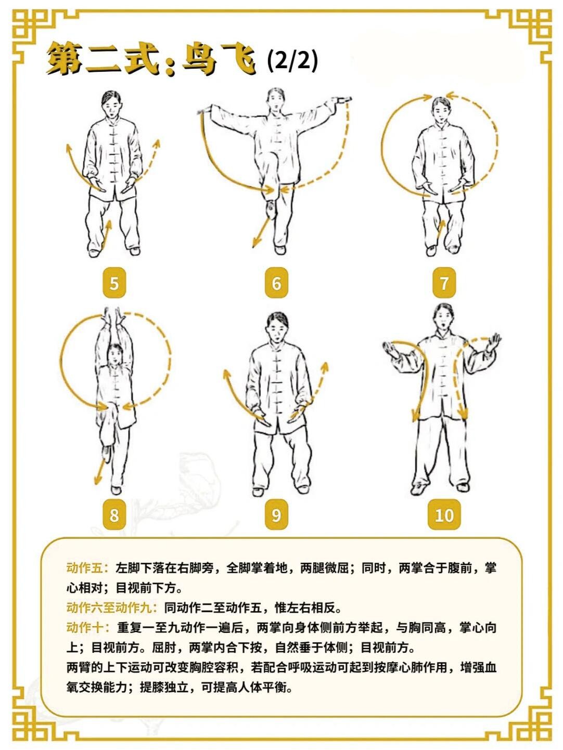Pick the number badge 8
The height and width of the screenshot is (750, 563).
(114, 514)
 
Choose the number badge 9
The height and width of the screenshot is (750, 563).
(276, 514)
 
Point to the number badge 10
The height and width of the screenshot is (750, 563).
(444, 514)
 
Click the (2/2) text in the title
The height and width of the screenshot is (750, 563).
(292, 61)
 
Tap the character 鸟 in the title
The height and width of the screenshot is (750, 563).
(199, 59)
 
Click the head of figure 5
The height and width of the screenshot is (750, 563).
(111, 104)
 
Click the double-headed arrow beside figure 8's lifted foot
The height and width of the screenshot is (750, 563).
(100, 472)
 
